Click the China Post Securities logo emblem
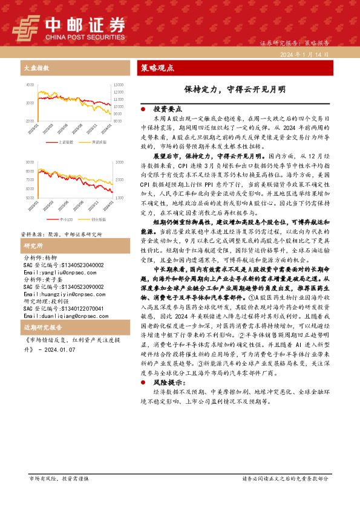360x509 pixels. pyautogui.click(x=25, y=27)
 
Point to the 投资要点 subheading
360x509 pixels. pyautogui.click(x=168, y=109)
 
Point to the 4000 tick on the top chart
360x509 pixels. pyautogui.click(x=30, y=85)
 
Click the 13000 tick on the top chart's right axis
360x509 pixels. pyautogui.click(x=118, y=85)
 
